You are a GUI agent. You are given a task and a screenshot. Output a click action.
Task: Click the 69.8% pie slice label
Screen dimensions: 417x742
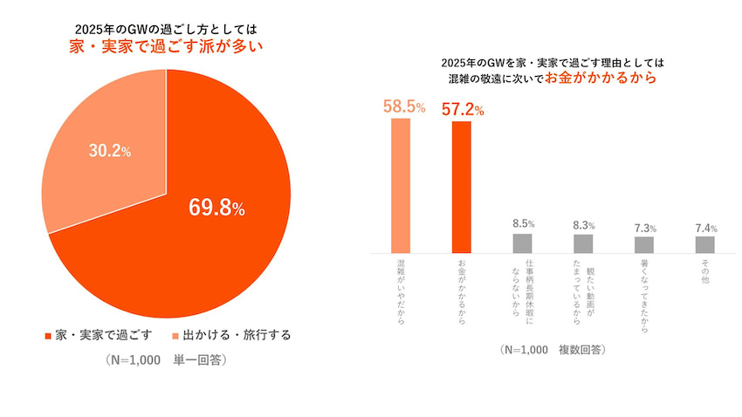point(217,208)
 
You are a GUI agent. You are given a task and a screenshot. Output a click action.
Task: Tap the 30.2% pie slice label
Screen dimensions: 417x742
point(110,151)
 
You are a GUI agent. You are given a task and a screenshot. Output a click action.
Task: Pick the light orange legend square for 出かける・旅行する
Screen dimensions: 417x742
point(175,335)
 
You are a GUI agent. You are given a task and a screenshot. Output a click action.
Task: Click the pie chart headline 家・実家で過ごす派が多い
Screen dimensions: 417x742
point(166,46)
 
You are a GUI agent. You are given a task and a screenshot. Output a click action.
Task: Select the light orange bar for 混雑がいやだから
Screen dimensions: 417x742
point(401,186)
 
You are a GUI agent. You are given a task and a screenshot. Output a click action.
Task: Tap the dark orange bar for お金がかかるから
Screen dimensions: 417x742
point(462,187)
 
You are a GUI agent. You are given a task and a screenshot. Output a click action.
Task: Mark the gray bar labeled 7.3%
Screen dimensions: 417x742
point(644,244)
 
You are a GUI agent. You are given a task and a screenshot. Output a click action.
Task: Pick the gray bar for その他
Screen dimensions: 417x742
point(705,244)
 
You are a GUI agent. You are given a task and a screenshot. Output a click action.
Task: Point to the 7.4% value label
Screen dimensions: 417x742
point(705,229)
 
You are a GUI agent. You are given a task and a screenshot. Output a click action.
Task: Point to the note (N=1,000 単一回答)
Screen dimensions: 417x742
point(165,359)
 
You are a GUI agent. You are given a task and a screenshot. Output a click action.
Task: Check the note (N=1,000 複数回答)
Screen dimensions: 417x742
point(551,351)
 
